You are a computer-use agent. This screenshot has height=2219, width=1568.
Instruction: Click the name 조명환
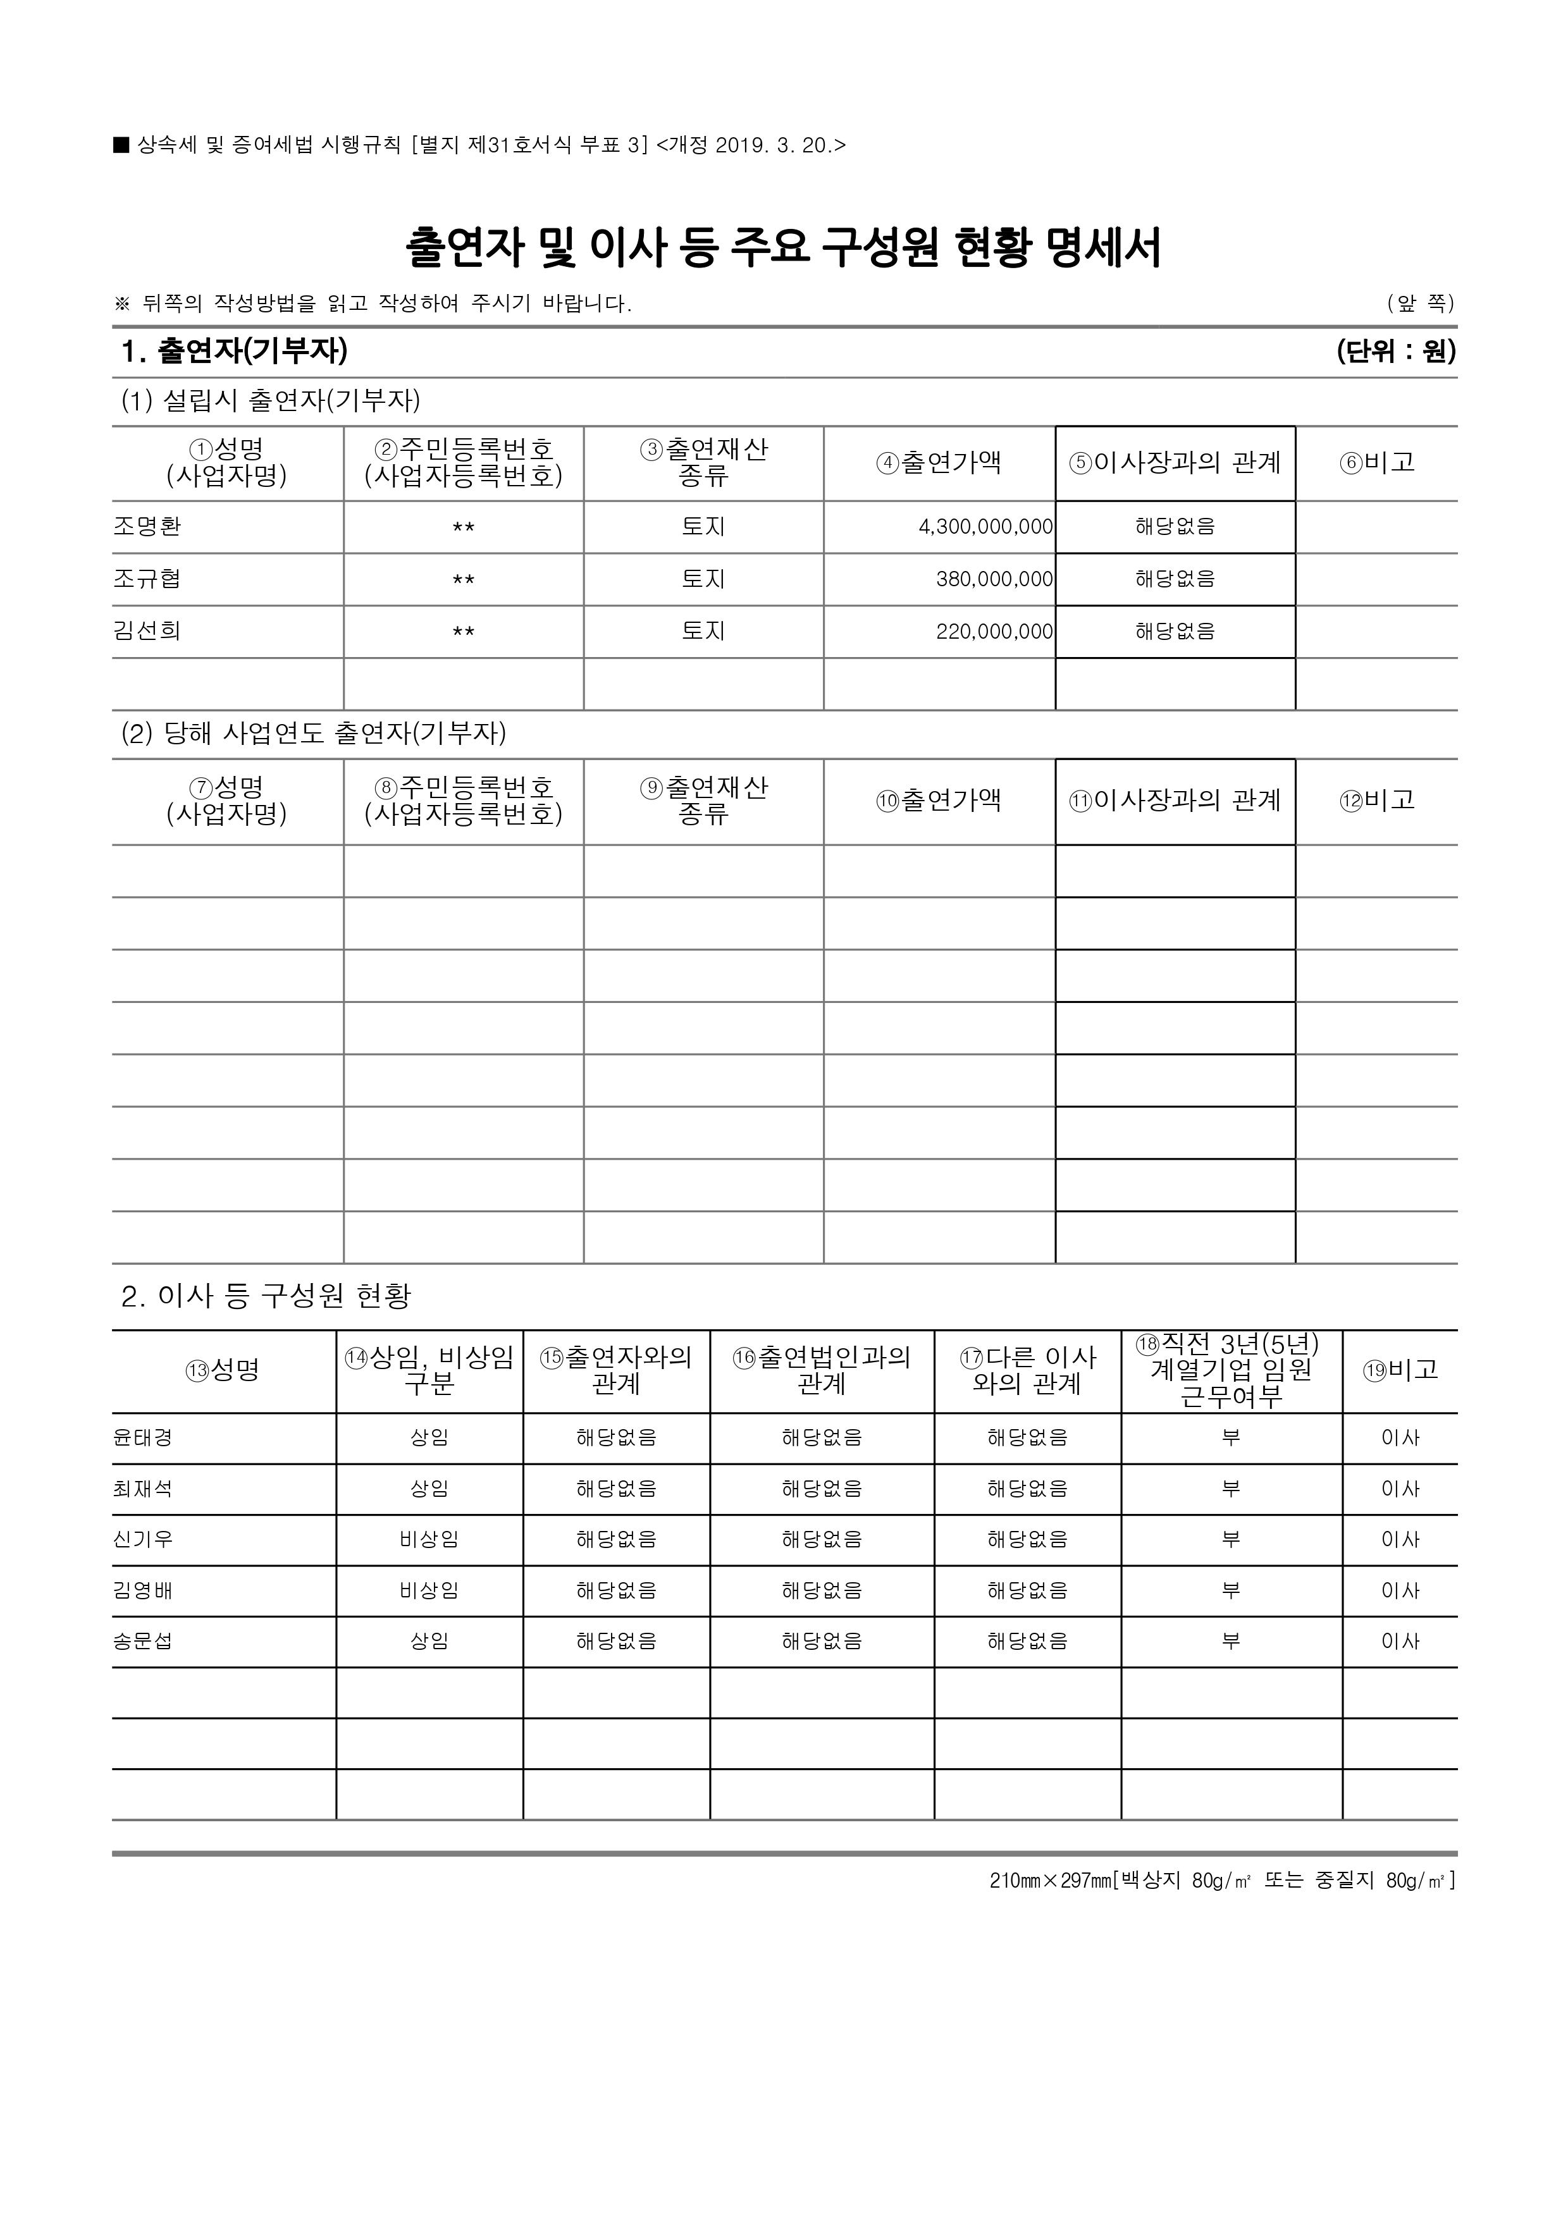pyautogui.click(x=147, y=527)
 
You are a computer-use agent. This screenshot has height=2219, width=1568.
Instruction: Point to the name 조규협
pyautogui.click(x=147, y=579)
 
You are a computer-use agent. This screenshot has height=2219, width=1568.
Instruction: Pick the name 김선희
pyautogui.click(x=147, y=631)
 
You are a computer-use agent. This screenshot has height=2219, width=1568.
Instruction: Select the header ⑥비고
pyautogui.click(x=1376, y=463)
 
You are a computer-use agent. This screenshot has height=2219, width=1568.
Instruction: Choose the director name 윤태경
pyautogui.click(x=143, y=1438)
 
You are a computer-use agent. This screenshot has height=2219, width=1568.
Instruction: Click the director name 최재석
pyautogui.click(x=143, y=1489)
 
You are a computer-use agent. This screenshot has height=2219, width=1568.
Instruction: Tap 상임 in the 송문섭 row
pyautogui.click(x=429, y=1641)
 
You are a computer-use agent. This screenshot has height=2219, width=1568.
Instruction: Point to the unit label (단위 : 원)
pyautogui.click(x=1396, y=351)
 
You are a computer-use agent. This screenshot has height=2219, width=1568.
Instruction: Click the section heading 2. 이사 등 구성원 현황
pyautogui.click(x=267, y=1296)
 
